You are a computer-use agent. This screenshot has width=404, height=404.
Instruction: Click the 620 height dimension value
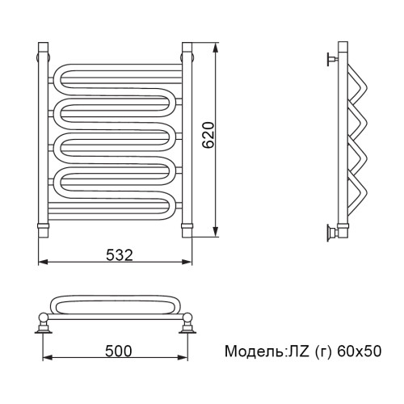(208, 135)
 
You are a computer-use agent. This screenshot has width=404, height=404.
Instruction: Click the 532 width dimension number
(120, 255)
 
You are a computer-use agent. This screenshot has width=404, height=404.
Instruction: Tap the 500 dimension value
(119, 351)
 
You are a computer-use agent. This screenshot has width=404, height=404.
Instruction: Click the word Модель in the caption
(254, 351)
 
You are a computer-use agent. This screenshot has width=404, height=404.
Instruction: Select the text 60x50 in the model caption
(359, 351)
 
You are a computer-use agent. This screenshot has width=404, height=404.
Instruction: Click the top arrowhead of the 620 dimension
(215, 48)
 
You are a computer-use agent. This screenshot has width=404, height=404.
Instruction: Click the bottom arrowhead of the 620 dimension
(215, 232)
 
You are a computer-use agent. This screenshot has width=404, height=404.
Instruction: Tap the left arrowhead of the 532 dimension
(43, 262)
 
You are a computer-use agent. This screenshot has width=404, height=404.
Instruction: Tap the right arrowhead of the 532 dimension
(187, 262)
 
